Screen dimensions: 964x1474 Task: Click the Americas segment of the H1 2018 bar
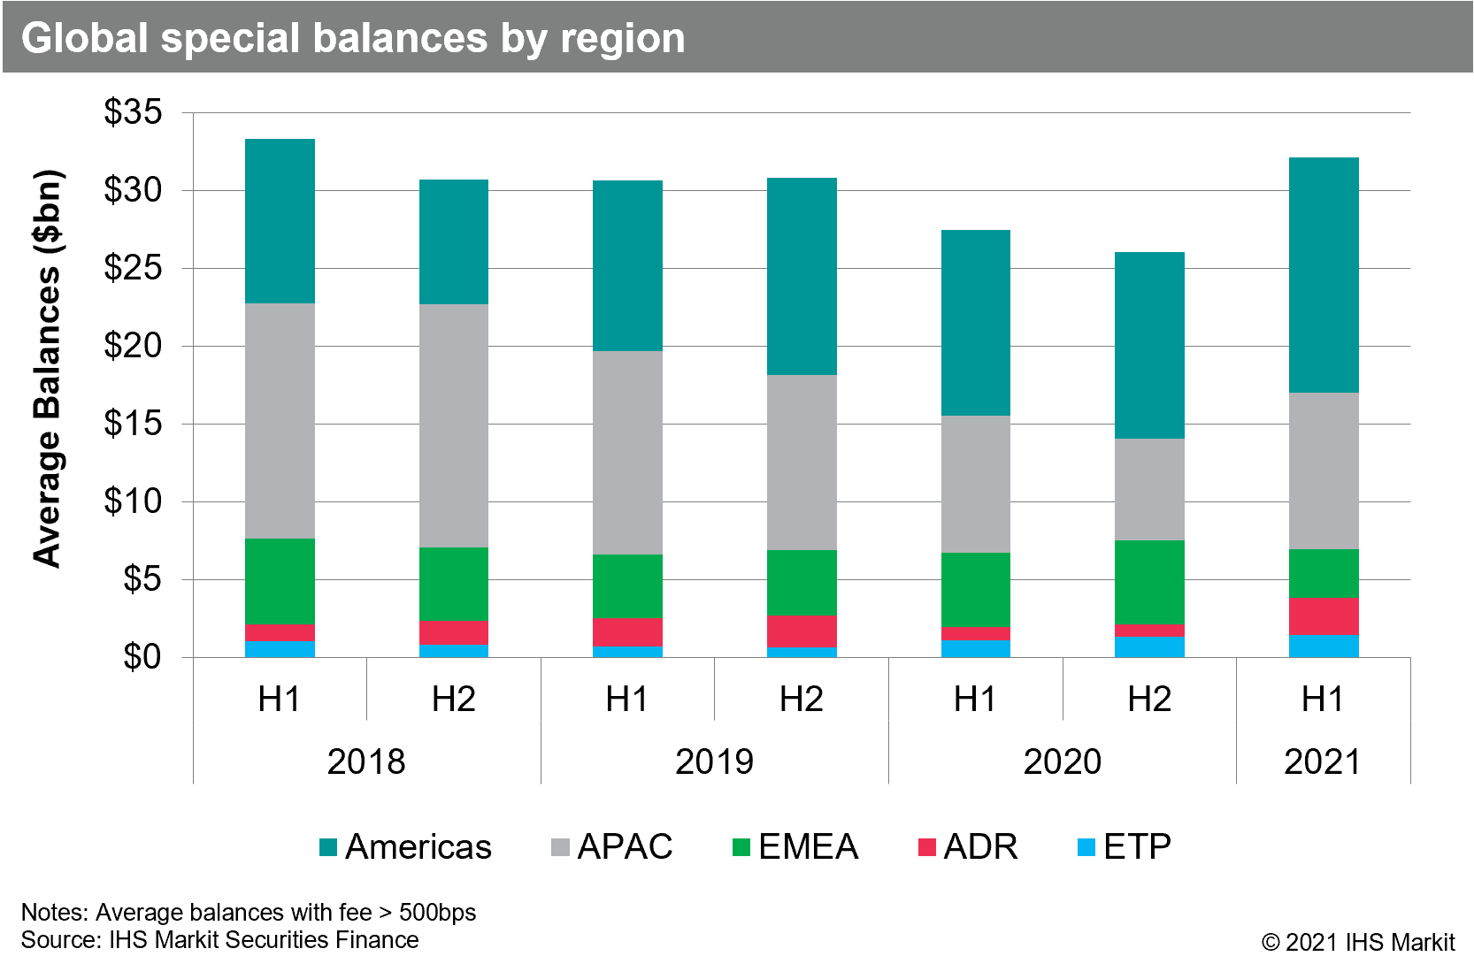click(280, 221)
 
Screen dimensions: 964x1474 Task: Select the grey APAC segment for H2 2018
click(453, 425)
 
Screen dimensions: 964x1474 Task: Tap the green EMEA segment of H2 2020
click(1149, 582)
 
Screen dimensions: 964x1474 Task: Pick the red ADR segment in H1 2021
click(1324, 616)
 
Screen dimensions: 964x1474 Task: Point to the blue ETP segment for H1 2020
click(975, 648)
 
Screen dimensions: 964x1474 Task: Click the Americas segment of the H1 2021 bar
click(1324, 275)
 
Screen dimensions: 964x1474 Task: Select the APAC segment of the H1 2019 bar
click(627, 453)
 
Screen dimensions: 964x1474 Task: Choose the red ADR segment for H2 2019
click(802, 631)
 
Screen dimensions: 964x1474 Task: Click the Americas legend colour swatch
click(328, 847)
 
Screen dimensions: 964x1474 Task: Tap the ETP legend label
click(1137, 847)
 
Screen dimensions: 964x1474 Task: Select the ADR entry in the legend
click(980, 847)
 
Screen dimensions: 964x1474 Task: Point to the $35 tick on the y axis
click(134, 112)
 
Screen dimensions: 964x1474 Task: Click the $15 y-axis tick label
click(134, 424)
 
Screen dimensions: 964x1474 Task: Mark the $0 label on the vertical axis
click(142, 657)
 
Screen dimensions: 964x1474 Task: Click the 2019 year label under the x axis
click(714, 761)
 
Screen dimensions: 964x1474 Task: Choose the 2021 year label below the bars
click(1322, 761)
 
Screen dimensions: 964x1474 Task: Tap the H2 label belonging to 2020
click(1149, 700)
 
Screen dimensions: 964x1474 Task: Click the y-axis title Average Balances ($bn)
click(48, 367)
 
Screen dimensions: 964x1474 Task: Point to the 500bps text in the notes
click(437, 912)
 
